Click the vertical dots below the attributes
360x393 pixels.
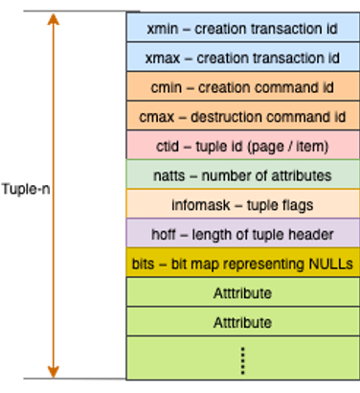click(x=242, y=360)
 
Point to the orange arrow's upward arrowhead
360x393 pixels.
click(x=53, y=19)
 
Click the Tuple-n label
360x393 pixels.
click(x=24, y=188)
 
